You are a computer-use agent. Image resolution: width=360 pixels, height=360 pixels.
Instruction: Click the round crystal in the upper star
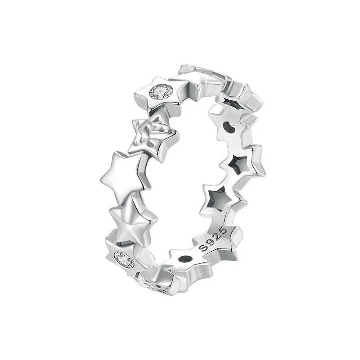(x=161, y=92)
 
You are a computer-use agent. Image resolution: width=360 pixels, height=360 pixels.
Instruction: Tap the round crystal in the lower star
(x=124, y=260)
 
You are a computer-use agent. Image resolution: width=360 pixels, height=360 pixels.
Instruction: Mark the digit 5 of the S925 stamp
(x=223, y=230)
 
